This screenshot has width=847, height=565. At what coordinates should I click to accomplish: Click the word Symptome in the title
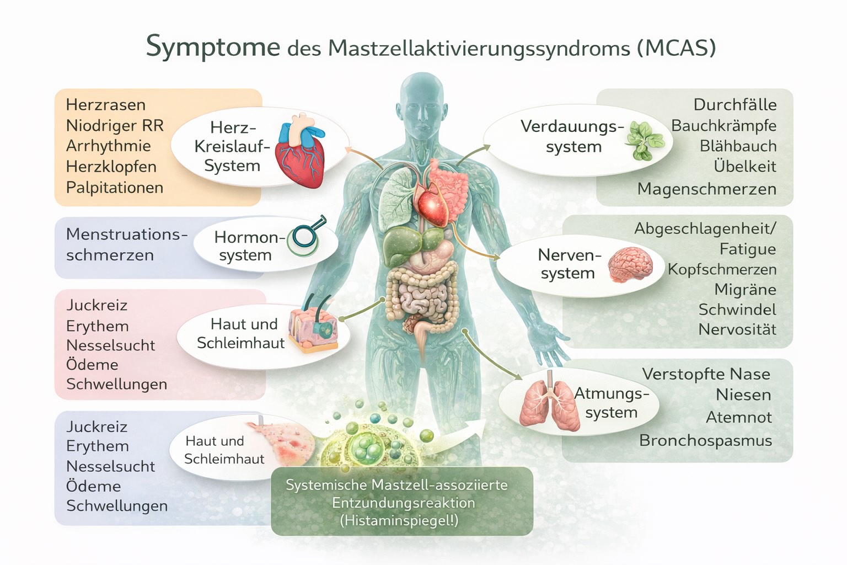[213, 46]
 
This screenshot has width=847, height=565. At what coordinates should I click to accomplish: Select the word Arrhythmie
[108, 146]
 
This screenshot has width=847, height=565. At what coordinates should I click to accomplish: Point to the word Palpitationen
[115, 188]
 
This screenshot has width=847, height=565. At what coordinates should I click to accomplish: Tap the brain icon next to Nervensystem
[631, 264]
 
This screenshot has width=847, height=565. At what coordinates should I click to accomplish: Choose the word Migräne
[745, 290]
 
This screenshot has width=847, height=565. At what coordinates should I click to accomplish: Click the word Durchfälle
[735, 105]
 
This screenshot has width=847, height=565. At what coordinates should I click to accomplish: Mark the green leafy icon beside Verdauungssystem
[643, 140]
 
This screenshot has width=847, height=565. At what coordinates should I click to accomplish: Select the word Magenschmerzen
[706, 189]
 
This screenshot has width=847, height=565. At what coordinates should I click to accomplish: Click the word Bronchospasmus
[705, 440]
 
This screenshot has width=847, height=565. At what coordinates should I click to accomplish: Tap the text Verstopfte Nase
[706, 374]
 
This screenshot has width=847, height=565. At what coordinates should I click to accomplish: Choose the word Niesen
[743, 395]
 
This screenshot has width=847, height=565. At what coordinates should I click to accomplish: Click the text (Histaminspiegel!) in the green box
[399, 520]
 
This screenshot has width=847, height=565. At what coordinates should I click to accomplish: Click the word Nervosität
[737, 329]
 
